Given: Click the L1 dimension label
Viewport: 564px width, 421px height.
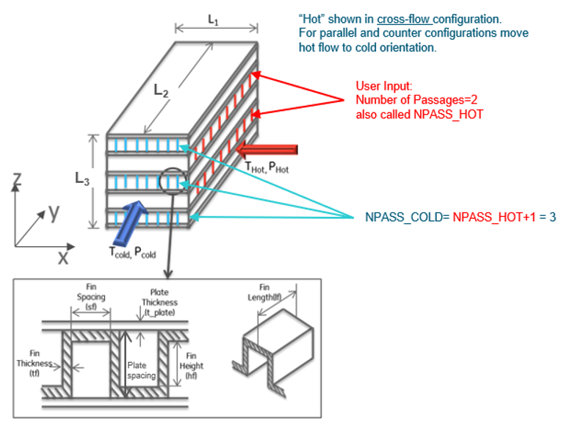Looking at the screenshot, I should [213, 20].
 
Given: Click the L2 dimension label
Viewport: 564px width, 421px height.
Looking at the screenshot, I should [162, 90].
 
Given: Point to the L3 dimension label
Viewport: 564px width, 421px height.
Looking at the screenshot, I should [83, 178].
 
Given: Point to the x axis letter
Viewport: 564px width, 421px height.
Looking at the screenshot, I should [63, 257].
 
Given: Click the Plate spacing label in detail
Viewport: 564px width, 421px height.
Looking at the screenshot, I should [141, 370].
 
